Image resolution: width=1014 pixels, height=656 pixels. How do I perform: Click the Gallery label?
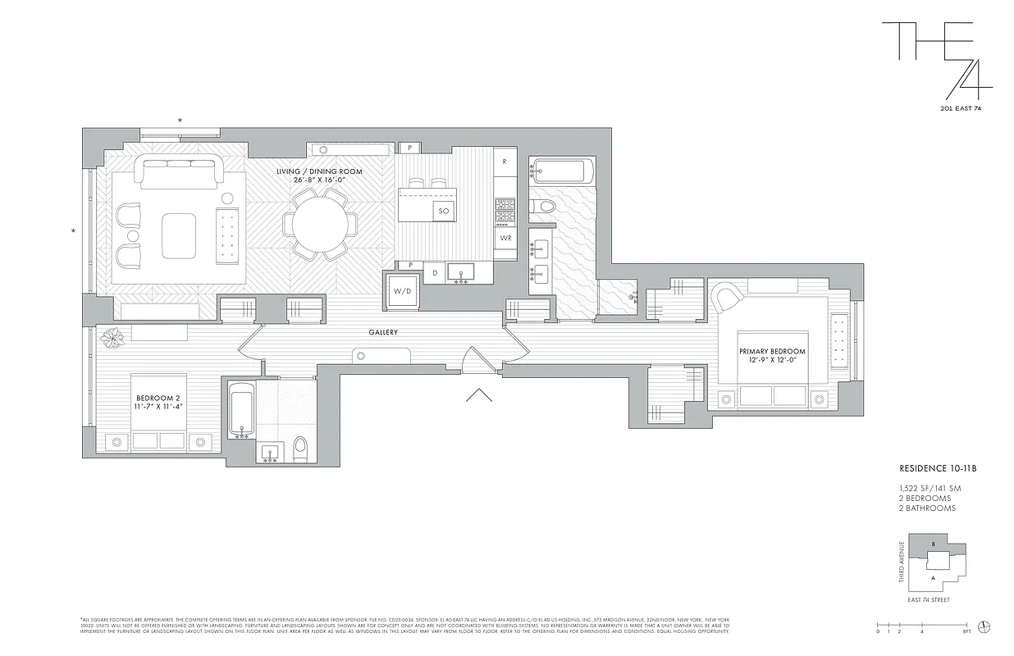click(x=383, y=332)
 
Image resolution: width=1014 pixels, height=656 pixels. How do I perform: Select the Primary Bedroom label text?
click(x=771, y=356)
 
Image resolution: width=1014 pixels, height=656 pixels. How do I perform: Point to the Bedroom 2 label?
click(x=157, y=402)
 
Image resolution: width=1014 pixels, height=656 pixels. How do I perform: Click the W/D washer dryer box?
click(x=403, y=291)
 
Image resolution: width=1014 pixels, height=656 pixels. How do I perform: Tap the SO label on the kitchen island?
click(x=443, y=211)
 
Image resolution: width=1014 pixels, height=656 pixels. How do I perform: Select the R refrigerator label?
click(x=505, y=162)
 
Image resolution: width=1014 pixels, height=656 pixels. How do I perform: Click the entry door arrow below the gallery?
click(x=478, y=396)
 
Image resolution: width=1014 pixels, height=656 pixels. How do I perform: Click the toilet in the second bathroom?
click(x=300, y=448)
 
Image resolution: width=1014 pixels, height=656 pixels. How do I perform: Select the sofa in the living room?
click(x=180, y=173)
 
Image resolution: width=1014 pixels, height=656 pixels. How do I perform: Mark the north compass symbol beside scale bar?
click(x=985, y=626)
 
